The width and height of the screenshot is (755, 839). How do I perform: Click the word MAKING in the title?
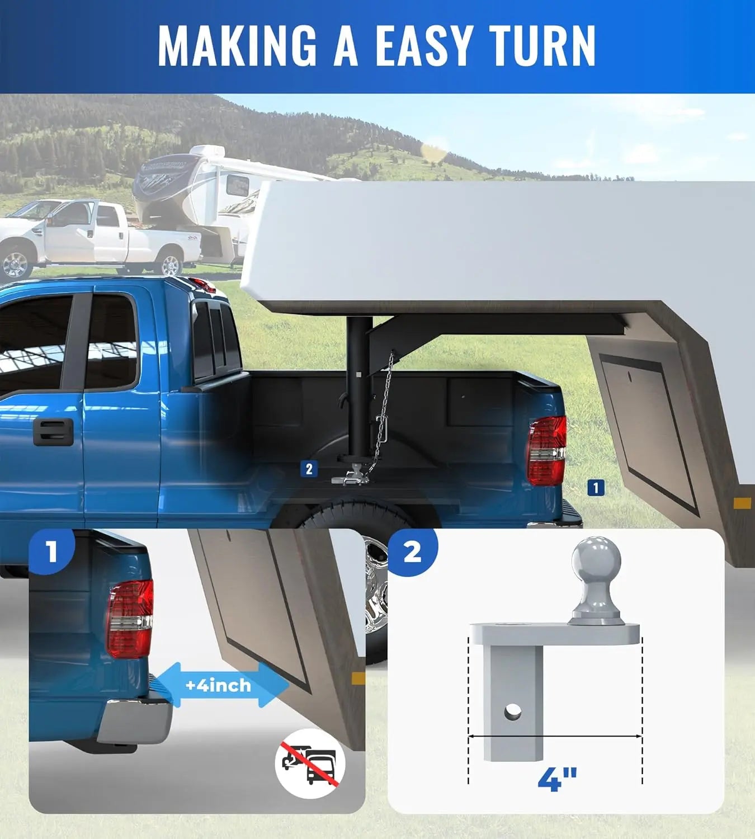point(237,46)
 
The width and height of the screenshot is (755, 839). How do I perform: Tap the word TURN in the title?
point(542,46)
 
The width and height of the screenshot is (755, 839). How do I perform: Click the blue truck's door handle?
point(53,431)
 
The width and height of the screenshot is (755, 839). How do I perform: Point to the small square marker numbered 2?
point(309,469)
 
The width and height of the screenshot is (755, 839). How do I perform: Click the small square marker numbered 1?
point(596,488)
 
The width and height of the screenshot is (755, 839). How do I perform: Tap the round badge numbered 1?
point(52,552)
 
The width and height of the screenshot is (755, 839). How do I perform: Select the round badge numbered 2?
point(412,552)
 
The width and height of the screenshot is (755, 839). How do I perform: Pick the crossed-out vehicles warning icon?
point(310,764)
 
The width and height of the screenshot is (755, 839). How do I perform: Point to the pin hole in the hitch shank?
point(513,711)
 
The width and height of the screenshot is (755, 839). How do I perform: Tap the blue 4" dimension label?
point(557,779)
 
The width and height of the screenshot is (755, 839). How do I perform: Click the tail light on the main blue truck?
point(546,451)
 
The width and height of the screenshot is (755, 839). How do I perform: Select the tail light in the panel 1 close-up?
point(130,619)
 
